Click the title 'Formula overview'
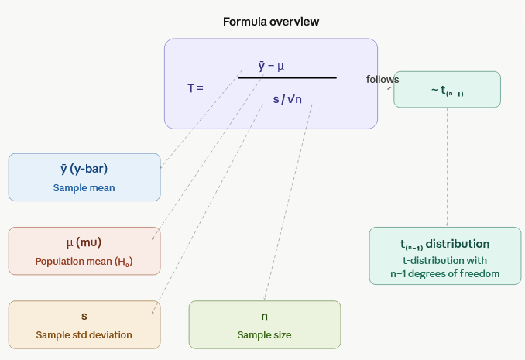pyautogui.click(x=270, y=22)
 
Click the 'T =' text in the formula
pyautogui.click(x=195, y=88)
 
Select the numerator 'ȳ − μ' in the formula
pyautogui.click(x=271, y=66)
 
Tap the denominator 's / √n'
pyautogui.click(x=287, y=99)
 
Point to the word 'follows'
pyautogui.click(x=383, y=79)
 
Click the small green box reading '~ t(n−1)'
pyautogui.click(x=447, y=90)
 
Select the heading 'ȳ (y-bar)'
pyautogui.click(x=84, y=169)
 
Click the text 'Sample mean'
pyautogui.click(x=84, y=187)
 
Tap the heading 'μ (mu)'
pyautogui.click(x=84, y=242)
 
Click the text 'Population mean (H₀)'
pyautogui.click(x=84, y=261)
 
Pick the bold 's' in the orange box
pyautogui.click(x=84, y=316)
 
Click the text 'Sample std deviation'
pyautogui.click(x=84, y=334)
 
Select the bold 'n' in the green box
pyautogui.click(x=264, y=316)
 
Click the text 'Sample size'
pyautogui.click(x=264, y=334)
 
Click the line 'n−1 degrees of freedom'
pyautogui.click(x=444, y=273)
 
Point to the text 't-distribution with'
pyautogui.click(x=444, y=259)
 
